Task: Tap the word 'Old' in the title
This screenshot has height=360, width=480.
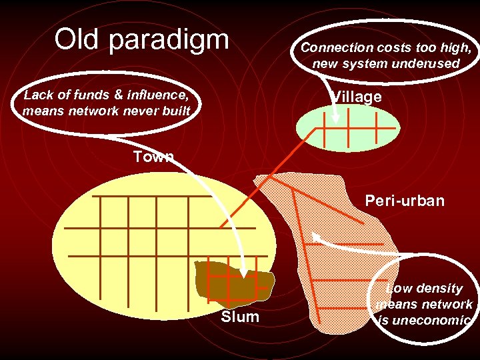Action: point(75,39)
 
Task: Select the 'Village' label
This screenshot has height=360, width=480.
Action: point(357,97)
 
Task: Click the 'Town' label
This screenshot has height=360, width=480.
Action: point(153,157)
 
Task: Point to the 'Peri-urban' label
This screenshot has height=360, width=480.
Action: point(405,201)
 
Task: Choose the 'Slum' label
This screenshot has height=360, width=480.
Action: point(240,317)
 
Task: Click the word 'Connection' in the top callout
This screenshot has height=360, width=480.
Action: point(337,48)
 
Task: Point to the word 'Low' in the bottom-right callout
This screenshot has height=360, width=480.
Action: point(399,289)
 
